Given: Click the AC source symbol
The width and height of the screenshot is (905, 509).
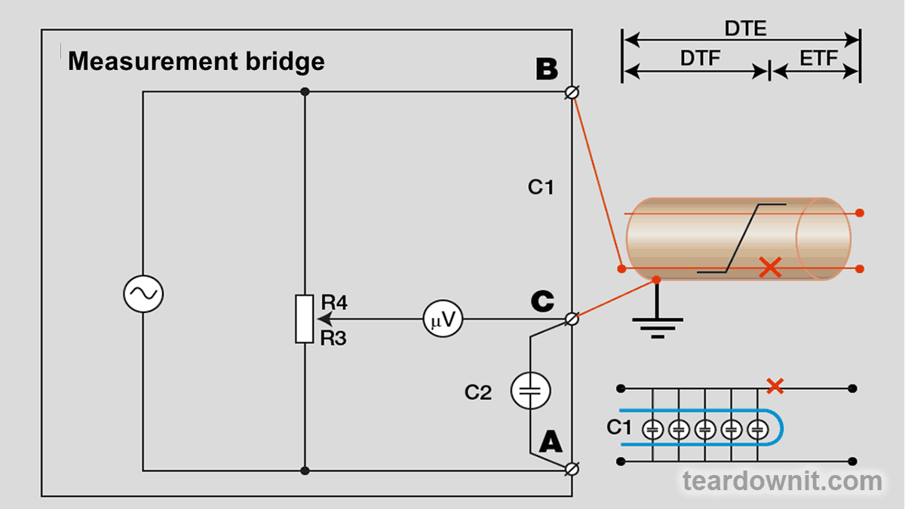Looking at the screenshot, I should point(143,294).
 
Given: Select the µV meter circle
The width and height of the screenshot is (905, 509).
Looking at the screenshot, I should point(443,319).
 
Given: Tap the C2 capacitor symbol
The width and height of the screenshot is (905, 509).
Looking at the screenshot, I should point(531,391).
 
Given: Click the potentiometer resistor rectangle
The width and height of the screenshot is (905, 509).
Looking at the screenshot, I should point(304,319).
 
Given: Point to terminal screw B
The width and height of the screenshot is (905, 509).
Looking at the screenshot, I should point(572,92).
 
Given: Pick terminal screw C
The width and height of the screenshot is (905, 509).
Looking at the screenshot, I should point(572,319).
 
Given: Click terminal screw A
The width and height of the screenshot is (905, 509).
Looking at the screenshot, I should point(572,469).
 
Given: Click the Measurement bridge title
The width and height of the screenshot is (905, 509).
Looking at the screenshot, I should point(196,61).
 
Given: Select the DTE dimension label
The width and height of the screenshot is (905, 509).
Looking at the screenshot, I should point(745,29).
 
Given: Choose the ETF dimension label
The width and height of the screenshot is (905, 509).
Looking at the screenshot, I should point(819,58).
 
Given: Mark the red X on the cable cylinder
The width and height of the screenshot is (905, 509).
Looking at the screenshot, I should point(770,267).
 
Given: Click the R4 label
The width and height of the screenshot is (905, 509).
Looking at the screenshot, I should point(334,303).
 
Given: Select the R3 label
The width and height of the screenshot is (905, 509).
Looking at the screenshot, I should point(334,339).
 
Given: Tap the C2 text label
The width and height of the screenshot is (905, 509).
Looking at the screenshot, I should point(478,392).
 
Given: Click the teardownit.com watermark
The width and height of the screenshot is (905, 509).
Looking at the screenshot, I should point(782,481).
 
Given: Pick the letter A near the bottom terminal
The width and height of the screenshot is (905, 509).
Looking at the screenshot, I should point(551,440).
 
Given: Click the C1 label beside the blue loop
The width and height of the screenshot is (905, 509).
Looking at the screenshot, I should point(619,428).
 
